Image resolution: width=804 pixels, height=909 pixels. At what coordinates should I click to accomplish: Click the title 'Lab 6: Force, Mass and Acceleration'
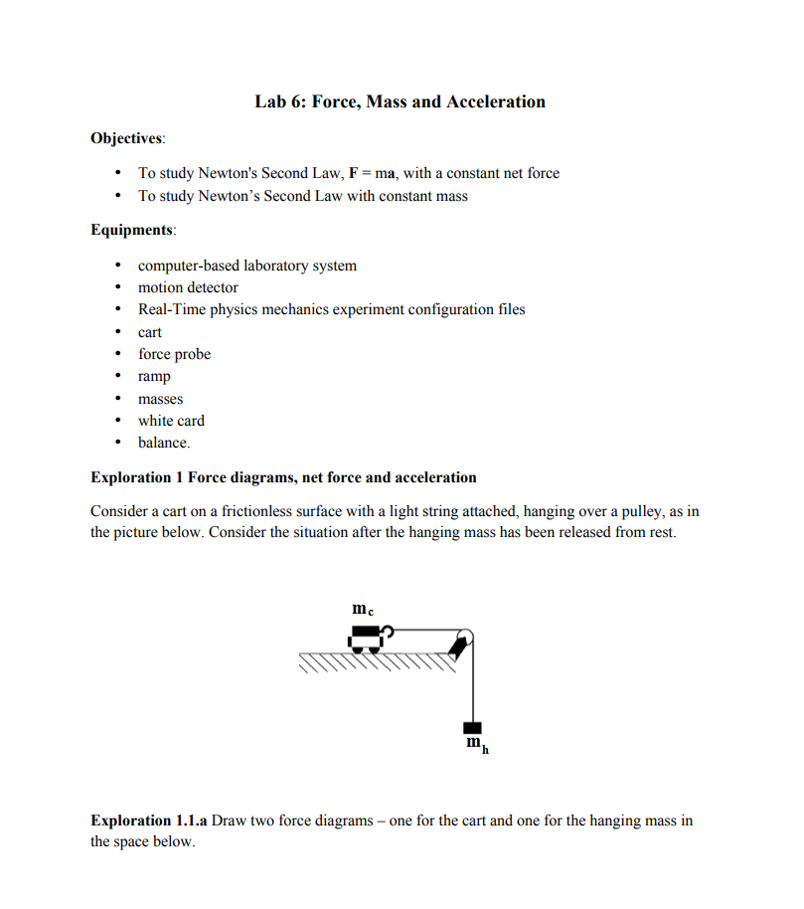400,101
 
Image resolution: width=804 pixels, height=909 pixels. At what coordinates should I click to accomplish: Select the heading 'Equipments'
132,230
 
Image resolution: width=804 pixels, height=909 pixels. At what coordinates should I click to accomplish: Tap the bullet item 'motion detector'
188,287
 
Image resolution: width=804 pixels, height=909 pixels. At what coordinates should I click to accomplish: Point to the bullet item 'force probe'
174,354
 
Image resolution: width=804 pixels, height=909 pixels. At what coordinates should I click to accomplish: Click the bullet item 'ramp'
154,376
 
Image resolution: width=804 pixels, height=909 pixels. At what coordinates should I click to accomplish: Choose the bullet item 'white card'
171,421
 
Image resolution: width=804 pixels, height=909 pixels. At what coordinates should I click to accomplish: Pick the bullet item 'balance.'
164,443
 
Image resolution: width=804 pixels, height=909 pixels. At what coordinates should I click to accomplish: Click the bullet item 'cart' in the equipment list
150,332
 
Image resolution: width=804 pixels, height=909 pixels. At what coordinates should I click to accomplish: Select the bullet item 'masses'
160,399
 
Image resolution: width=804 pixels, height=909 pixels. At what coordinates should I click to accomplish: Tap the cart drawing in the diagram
366,636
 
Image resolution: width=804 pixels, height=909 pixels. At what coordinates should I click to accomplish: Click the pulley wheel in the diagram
464,637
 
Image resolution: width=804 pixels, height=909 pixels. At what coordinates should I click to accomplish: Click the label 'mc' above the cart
363,608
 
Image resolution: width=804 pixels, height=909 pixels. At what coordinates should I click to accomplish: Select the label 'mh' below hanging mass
477,745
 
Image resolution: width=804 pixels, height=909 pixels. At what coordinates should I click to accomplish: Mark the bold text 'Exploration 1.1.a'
149,820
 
